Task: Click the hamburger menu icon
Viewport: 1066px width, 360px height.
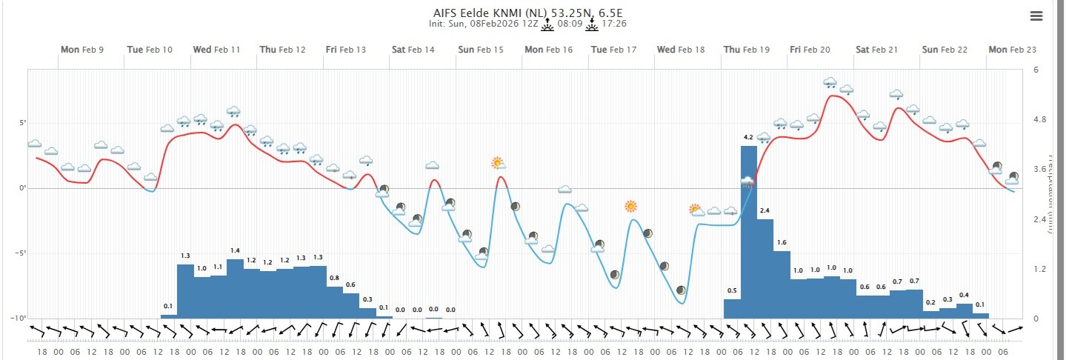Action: [1036, 16]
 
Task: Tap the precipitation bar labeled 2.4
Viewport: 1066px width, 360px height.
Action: [765, 268]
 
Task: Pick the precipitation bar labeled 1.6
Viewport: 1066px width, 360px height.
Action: [782, 284]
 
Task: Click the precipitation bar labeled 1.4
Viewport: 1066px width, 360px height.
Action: [235, 289]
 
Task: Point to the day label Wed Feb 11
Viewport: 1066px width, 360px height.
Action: [216, 50]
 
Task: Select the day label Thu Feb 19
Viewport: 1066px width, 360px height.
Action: [747, 50]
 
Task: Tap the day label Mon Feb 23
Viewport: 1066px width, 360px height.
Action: [1012, 50]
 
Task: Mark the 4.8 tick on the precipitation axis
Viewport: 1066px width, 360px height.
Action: [1040, 120]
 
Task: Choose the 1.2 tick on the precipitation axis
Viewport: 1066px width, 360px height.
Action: [1040, 269]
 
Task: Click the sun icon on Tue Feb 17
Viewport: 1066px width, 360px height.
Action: [630, 206]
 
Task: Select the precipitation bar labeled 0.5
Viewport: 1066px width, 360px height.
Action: [732, 308]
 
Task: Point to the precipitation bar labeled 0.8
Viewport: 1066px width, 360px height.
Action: [335, 302]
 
